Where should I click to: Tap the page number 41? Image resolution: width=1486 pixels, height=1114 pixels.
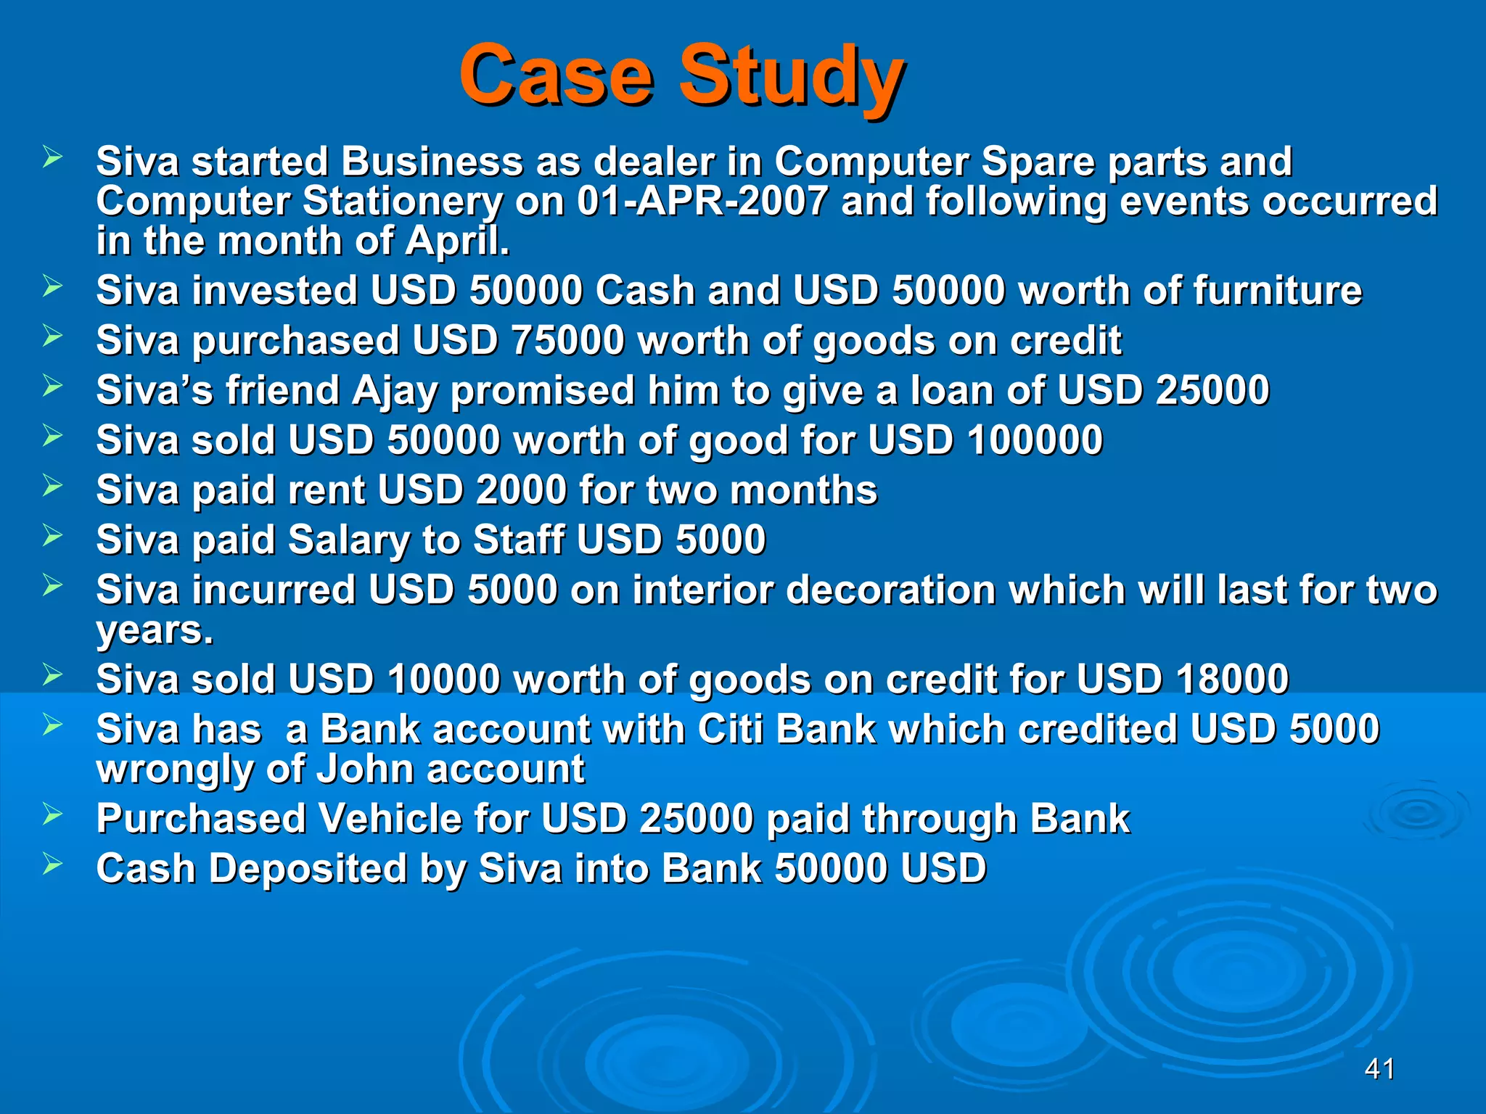1379,1069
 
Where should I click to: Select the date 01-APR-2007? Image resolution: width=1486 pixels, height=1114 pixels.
702,201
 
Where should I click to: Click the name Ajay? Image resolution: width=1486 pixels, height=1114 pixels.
394,391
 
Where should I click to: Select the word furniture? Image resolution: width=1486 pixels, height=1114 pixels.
1277,291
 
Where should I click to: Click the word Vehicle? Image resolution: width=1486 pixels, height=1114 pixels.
390,819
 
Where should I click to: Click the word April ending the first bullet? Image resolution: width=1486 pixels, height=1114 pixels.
457,241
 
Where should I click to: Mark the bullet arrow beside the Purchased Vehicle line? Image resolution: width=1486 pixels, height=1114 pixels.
52,814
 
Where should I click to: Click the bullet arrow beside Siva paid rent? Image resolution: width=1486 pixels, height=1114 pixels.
52,485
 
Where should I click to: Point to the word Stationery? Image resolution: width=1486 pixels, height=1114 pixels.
402,201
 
